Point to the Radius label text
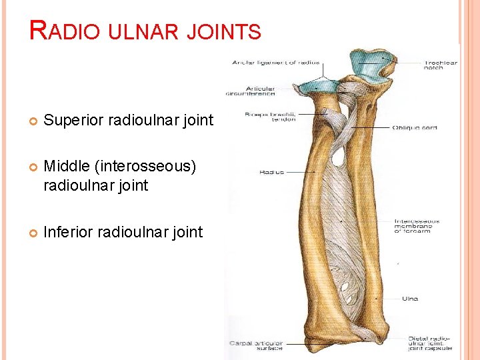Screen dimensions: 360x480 271,172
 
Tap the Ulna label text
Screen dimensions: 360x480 410,299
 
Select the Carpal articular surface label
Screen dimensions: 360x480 257,345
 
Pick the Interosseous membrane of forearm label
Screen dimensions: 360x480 417,227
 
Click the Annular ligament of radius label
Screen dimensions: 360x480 275,63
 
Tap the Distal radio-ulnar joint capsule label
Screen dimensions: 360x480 430,343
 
